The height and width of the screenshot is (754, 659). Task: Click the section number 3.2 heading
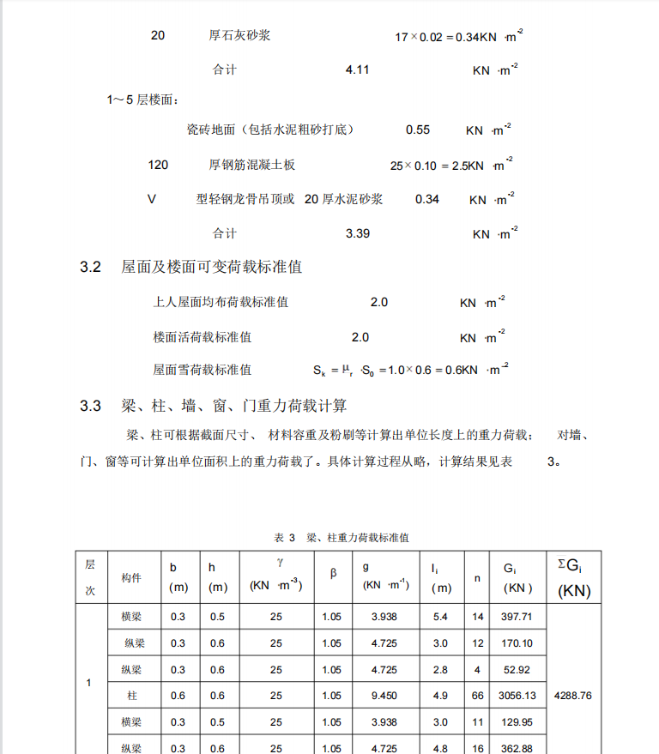(x=91, y=268)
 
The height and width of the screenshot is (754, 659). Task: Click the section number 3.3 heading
(x=91, y=406)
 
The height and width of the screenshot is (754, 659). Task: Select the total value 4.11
(x=357, y=69)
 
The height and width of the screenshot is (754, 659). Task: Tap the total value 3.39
(x=357, y=233)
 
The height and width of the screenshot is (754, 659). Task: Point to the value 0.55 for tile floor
(x=418, y=130)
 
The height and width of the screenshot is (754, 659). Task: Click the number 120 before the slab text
(x=158, y=165)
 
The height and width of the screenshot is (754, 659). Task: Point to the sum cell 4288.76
(x=573, y=696)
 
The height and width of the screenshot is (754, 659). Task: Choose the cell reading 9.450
(x=384, y=696)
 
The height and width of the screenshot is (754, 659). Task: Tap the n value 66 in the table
(x=478, y=696)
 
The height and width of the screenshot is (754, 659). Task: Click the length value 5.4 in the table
(x=440, y=617)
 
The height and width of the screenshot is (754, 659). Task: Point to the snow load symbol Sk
(x=319, y=371)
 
